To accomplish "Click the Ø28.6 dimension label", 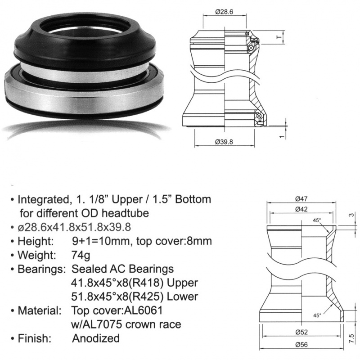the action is tap(224, 12).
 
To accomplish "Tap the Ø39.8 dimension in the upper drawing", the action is tap(224, 142).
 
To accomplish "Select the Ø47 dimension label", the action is tap(301, 199).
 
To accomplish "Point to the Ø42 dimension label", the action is tap(301, 209).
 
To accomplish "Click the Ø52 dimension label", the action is tap(301, 332).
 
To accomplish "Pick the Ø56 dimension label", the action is tap(301, 345).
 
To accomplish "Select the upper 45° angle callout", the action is tap(317, 220).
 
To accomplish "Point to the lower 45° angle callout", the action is tap(317, 315).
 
